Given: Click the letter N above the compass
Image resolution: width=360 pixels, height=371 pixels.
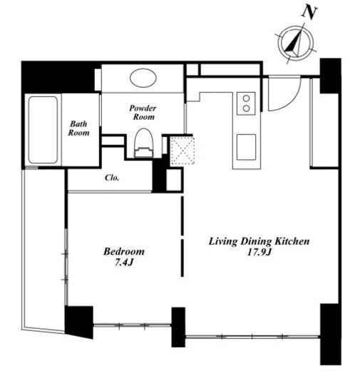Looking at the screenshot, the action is [309, 12].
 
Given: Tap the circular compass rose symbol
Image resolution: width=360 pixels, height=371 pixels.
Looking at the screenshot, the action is [296, 44].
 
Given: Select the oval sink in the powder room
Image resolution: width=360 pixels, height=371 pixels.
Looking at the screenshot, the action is [143, 78].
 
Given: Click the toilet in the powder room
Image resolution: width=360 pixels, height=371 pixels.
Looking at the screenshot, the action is [144, 143].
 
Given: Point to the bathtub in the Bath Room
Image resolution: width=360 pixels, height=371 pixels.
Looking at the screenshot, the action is [43, 130].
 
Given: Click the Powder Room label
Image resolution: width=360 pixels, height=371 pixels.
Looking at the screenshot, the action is [143, 113].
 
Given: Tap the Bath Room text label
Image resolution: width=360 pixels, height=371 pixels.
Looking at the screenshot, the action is [78, 128].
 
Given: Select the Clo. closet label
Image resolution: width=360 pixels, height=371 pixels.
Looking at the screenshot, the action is [112, 178].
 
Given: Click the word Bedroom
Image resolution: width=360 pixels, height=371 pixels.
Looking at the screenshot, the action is [124, 251].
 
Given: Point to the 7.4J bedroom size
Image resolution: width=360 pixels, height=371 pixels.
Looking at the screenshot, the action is [123, 263].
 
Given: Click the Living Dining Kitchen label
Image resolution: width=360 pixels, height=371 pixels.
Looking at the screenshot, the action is [259, 241].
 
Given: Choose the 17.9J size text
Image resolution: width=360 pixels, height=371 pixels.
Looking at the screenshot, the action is [259, 252].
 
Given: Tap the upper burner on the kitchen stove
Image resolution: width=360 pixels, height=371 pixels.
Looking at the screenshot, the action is [247, 98].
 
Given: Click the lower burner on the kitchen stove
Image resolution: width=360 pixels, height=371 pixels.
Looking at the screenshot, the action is [247, 108].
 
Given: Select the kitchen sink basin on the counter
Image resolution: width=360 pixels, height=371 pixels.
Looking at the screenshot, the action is [247, 147].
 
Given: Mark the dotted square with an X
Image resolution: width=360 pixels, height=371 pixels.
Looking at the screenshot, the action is [182, 151].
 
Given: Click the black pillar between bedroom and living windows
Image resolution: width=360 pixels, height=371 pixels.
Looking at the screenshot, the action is [178, 327].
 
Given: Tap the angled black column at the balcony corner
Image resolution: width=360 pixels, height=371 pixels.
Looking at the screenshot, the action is [79, 322].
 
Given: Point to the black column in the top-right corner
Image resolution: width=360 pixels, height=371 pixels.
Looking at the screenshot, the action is [330, 76].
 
